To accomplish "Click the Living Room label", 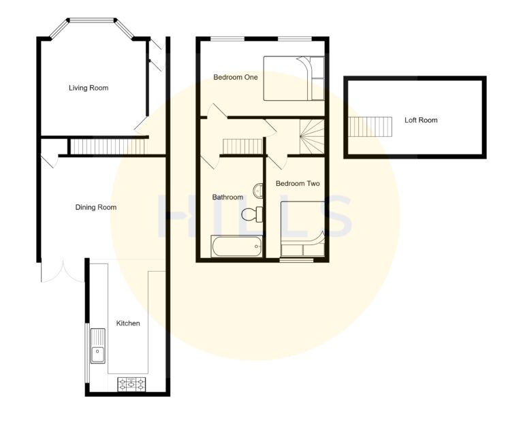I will (89, 88).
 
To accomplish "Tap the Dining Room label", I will (96, 207).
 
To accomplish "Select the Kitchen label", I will (127, 323).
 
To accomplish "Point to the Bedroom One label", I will (236, 78).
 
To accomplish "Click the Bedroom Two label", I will (298, 184).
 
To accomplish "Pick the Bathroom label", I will (227, 197).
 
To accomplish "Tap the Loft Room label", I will (421, 121).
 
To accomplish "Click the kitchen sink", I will (98, 345).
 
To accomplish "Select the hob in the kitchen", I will (132, 385).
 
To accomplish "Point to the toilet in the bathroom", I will (252, 214).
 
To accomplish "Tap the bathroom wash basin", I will (259, 191).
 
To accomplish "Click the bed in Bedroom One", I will (294, 78).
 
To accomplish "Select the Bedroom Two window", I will (298, 259).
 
